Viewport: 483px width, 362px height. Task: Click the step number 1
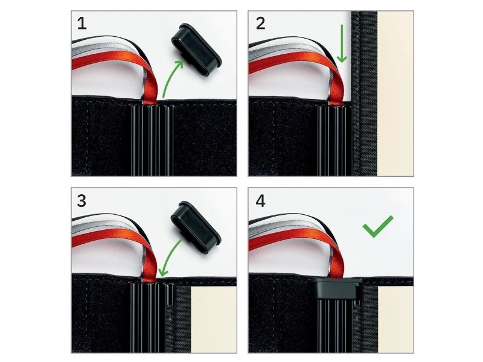coord(82,24)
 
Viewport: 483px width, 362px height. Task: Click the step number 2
coord(261,24)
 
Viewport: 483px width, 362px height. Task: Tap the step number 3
coord(82,201)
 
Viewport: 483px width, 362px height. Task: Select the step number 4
coord(261,201)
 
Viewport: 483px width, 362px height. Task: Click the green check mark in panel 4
coord(378,226)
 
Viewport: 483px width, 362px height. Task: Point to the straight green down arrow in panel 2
coord(342,43)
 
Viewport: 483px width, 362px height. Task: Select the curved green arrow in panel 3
coord(171,257)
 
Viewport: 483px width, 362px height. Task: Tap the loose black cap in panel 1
coord(196,49)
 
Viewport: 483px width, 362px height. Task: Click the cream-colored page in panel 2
coord(395,94)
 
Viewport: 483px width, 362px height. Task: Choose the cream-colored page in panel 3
coord(214,320)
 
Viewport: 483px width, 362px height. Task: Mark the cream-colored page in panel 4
coord(395,320)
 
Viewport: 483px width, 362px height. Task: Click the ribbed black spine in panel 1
coord(152,141)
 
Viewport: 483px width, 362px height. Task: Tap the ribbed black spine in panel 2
coord(334,141)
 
